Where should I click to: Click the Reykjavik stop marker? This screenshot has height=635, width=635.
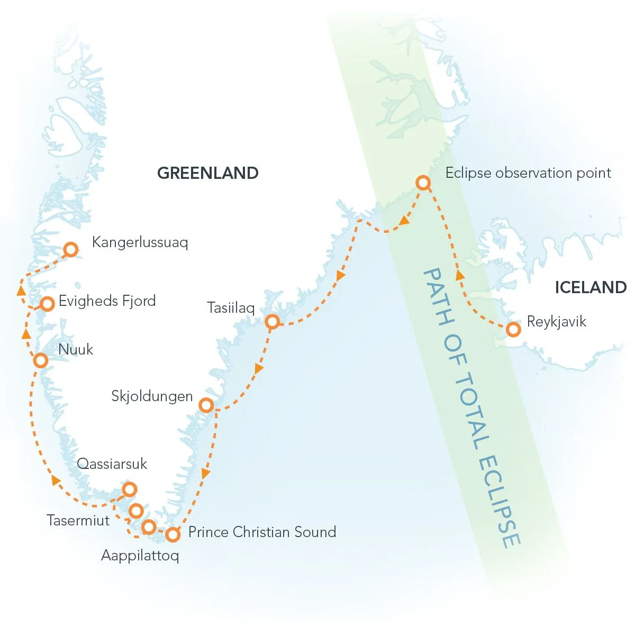pos(513,329)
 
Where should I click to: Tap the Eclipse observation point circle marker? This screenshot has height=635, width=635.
pos(422,183)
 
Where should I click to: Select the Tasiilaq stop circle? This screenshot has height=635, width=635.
pos(272,321)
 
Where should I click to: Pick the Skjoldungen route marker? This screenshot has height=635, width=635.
pos(206,405)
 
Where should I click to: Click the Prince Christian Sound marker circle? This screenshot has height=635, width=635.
pos(173,534)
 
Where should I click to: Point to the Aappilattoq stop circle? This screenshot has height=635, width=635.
pos(149,527)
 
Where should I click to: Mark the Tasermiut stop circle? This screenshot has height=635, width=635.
pos(136,511)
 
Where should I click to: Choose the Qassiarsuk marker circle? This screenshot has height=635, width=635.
pos(129,489)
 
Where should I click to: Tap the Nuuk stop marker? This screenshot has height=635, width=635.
pos(40,360)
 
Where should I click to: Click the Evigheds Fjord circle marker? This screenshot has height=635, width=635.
pos(48,304)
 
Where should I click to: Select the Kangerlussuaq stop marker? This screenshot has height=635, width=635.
pos(70,249)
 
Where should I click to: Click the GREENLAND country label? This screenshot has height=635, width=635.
pos(208,173)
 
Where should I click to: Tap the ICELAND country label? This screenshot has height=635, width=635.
pos(591,287)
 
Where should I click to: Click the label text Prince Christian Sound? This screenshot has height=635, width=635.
pos(262,532)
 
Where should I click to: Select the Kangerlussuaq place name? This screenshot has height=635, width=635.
pos(140,242)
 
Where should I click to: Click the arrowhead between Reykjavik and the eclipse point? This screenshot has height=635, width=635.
pos(460,275)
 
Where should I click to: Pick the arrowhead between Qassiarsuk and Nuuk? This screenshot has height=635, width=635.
pos(54,479)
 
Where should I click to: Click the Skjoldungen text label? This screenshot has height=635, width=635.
pos(152,396)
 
